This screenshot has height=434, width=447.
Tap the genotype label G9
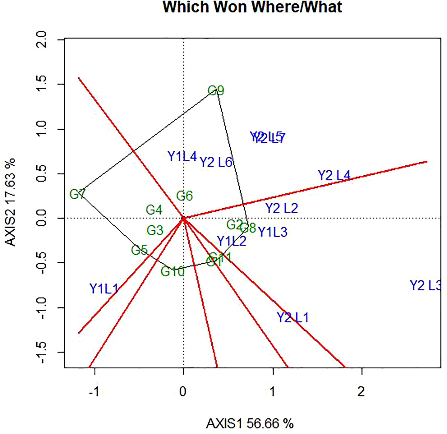pyautogui.click(x=216, y=91)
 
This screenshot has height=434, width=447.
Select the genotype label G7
pyautogui.click(x=77, y=195)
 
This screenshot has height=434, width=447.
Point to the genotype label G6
pyautogui.click(x=184, y=196)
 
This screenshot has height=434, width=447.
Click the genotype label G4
pyautogui.click(x=154, y=210)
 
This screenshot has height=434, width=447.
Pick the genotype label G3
pyautogui.click(x=155, y=230)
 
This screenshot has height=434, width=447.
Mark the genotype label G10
pyautogui.click(x=173, y=272)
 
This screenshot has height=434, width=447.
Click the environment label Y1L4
pyautogui.click(x=182, y=156)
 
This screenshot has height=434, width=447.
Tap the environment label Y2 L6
pyautogui.click(x=216, y=162)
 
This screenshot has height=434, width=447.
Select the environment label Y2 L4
pyautogui.click(x=334, y=176)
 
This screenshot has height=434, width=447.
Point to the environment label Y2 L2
pyautogui.click(x=282, y=209)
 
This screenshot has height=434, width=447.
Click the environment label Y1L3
pyautogui.click(x=273, y=232)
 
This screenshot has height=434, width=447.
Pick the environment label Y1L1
pyautogui.click(x=104, y=289)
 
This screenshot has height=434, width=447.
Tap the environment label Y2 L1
pyautogui.click(x=292, y=317)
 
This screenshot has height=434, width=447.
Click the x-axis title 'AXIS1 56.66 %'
pyautogui.click(x=250, y=424)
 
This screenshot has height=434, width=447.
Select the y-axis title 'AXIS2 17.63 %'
pyautogui.click(x=11, y=202)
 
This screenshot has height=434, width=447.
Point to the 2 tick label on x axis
pyautogui.click(x=361, y=392)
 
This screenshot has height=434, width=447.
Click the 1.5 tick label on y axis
pyautogui.click(x=41, y=84)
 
